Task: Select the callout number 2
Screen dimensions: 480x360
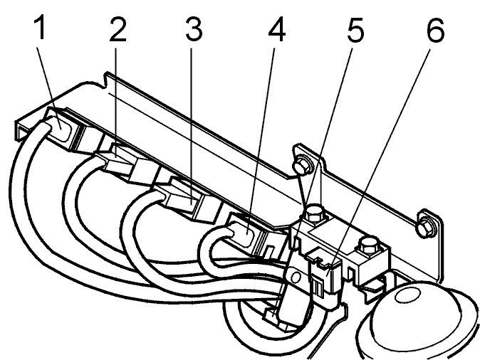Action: point(118,29)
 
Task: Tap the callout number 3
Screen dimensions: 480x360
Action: point(194,29)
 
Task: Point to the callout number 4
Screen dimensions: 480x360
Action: point(277,29)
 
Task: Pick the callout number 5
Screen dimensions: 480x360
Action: point(355,30)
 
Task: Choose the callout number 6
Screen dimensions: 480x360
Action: point(435,30)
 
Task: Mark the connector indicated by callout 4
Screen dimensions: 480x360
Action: point(246,234)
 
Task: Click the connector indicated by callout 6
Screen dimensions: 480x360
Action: point(325,277)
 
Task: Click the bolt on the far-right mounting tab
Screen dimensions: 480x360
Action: point(427,226)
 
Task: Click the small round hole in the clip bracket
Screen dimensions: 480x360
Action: point(296,277)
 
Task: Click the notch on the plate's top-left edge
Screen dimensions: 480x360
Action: point(107,80)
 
